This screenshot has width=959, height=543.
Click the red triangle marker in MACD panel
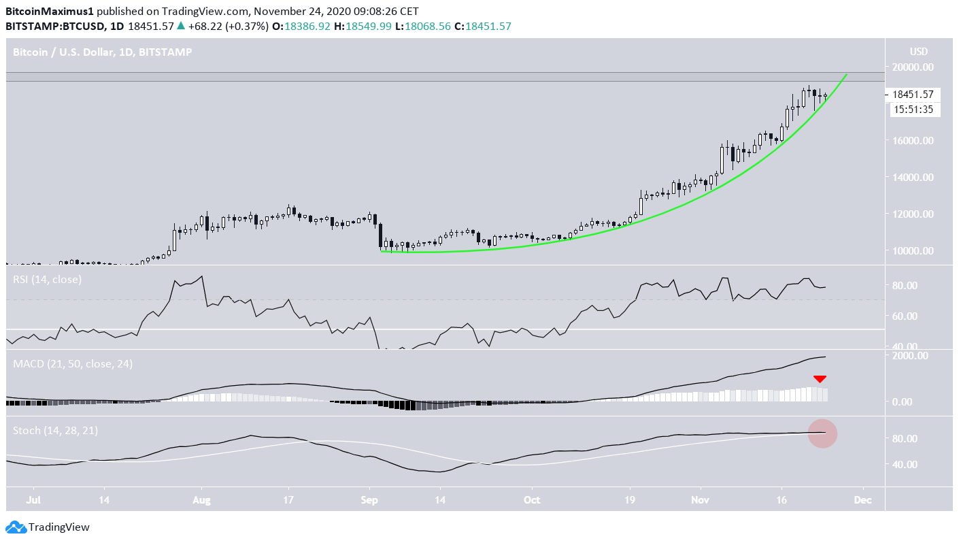click(820, 379)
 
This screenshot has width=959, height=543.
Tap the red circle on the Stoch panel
click(822, 433)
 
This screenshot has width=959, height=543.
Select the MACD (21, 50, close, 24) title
click(73, 364)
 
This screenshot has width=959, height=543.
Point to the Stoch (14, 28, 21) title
click(58, 431)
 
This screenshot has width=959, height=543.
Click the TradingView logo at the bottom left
click(48, 527)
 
